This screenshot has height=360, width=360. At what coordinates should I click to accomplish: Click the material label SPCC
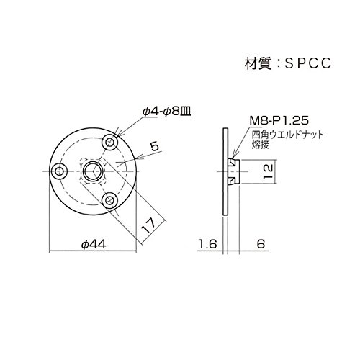tap(308, 63)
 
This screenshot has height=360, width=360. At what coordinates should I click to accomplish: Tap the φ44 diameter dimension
tap(94, 245)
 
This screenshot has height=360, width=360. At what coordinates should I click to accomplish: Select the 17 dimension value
tap(148, 226)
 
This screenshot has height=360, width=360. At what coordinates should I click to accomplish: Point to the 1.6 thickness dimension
tap(208, 244)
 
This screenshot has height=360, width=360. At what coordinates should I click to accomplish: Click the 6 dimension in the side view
tap(261, 244)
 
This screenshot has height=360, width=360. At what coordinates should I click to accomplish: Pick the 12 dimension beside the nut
tap(268, 171)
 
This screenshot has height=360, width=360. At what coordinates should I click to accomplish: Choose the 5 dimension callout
tap(155, 146)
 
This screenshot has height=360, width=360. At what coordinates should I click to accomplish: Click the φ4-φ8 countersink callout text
tap(166, 112)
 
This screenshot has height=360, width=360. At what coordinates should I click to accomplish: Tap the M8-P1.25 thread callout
tap(279, 120)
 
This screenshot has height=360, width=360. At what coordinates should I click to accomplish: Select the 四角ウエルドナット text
tap(287, 135)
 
